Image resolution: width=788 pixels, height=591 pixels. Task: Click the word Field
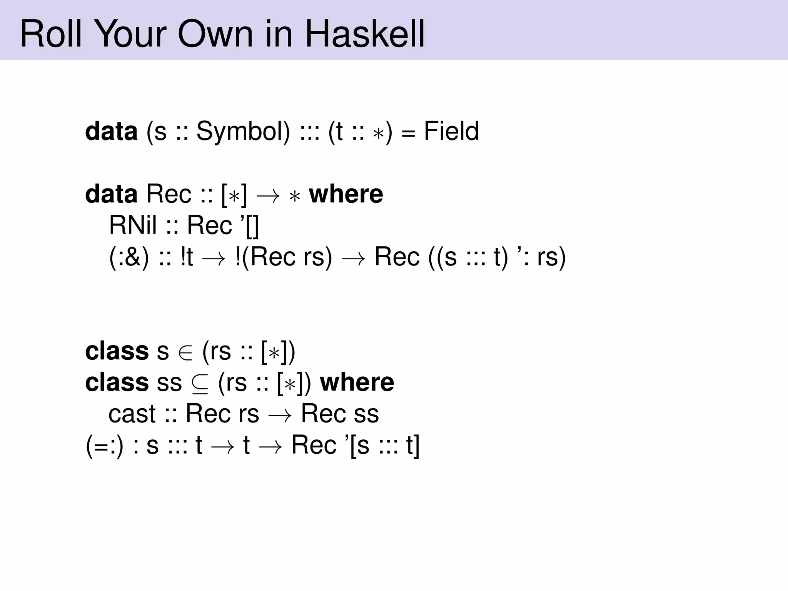[x=451, y=131]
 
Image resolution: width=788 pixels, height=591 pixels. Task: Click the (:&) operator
[x=129, y=257]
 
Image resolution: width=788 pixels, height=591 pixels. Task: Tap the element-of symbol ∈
[x=185, y=352]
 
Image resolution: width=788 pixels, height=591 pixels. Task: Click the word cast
[x=132, y=414]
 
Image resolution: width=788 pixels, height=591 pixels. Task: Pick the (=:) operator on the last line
[x=104, y=446]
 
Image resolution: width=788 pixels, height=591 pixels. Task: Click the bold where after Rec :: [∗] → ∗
[x=346, y=194]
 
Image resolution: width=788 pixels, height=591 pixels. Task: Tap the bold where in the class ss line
[x=357, y=382]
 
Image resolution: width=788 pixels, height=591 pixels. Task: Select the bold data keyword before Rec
[x=111, y=194]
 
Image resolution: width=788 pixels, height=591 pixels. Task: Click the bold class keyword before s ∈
[x=117, y=351]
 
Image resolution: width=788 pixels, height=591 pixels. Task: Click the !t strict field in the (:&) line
[x=187, y=257]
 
